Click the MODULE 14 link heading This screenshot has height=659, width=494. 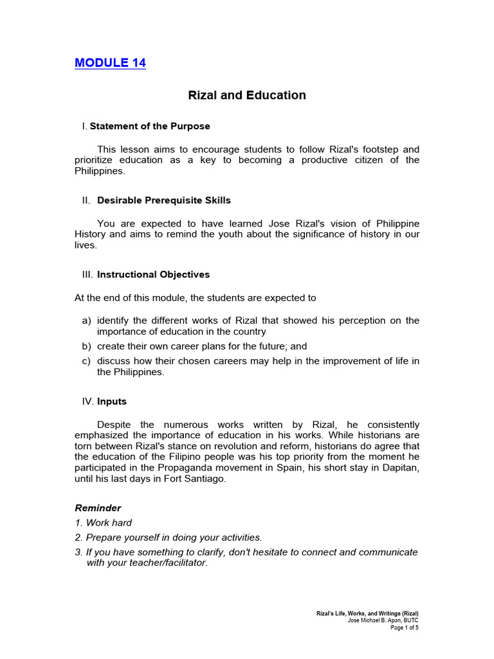coord(110,63)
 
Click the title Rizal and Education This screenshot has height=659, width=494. coord(247,95)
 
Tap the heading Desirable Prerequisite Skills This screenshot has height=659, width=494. coord(164,200)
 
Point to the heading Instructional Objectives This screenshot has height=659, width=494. coord(153,275)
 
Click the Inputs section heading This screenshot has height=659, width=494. coord(112,402)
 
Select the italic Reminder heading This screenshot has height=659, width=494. coord(98,508)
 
